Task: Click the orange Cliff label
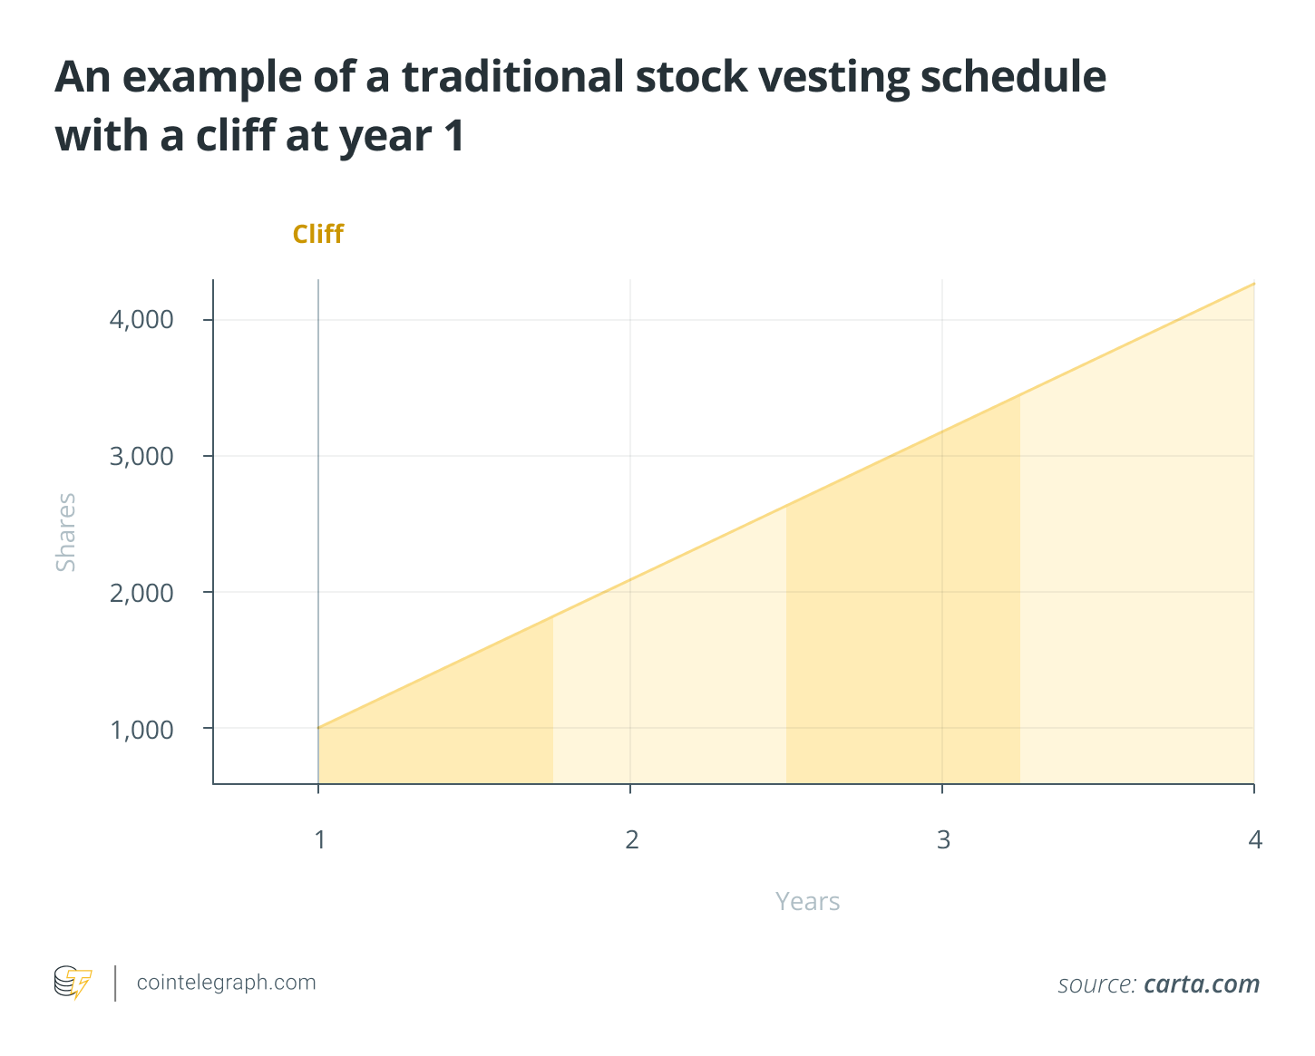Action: coord(317,234)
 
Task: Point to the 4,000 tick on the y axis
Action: coord(141,320)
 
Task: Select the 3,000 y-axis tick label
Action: coord(141,456)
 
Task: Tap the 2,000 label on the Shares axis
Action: coord(141,593)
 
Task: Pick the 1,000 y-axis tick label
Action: coord(141,729)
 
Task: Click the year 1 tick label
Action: coord(319,840)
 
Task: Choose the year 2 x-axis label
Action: coord(631,840)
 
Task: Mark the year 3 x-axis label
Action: coord(943,840)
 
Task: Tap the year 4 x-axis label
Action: coord(1255,840)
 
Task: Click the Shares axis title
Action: coord(66,532)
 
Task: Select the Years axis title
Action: coord(807,902)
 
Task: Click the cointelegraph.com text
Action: coord(226,983)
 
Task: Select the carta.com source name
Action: coord(1202,984)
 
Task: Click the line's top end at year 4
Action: coord(1253,284)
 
